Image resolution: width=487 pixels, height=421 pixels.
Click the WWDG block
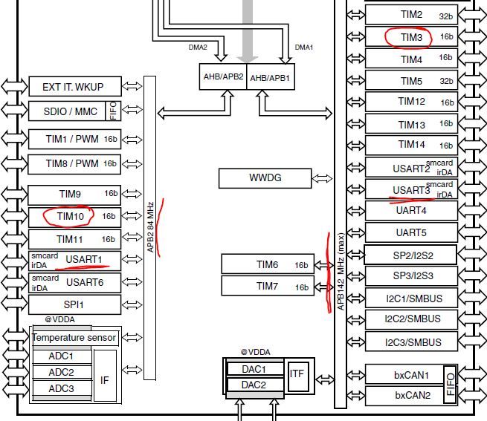pyautogui.click(x=265, y=178)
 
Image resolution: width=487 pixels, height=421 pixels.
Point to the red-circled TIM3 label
pyautogui.click(x=411, y=36)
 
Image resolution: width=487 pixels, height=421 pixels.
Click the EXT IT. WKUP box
pyautogui.click(x=73, y=87)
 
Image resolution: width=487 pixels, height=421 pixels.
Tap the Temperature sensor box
pyautogui.click(x=74, y=338)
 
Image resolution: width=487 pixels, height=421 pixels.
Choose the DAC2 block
pyautogui.click(x=254, y=384)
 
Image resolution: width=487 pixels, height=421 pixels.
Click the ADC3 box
pyautogui.click(x=61, y=388)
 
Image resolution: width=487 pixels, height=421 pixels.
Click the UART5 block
pyautogui.click(x=412, y=232)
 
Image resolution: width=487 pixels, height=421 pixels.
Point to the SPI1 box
pyautogui.click(x=73, y=304)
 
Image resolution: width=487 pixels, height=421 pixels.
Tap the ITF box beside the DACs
pyautogui.click(x=297, y=373)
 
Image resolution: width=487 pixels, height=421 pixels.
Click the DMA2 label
pyautogui.click(x=198, y=48)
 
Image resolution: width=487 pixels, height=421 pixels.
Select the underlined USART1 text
pyautogui.click(x=83, y=259)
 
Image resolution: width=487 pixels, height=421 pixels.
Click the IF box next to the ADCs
pyautogui.click(x=105, y=379)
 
